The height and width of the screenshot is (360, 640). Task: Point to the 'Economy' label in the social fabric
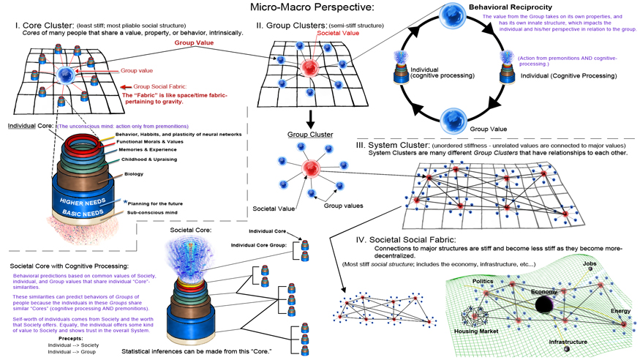coord(543,291)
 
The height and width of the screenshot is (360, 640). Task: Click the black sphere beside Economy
coord(544,305)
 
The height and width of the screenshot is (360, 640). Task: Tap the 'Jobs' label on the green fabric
coord(590,263)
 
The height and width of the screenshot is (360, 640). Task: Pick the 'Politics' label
coord(482,280)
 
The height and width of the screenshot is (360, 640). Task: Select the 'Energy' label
coord(620,311)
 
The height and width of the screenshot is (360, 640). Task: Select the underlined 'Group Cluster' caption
coord(309,135)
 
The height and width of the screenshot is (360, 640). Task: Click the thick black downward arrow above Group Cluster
coord(309,117)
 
